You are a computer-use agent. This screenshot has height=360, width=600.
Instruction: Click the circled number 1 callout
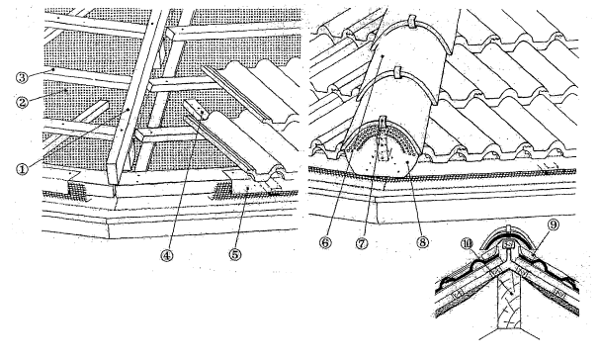(x=23, y=169)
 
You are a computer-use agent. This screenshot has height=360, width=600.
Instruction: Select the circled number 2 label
(x=23, y=102)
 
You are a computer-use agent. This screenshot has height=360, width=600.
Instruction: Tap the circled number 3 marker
(x=22, y=78)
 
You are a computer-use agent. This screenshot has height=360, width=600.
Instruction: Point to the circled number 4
(x=167, y=255)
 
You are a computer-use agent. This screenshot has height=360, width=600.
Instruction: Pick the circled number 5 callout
(x=235, y=254)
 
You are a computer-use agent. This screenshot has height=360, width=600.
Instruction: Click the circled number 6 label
(x=325, y=242)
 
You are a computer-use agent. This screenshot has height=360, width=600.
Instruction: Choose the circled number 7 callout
(x=363, y=243)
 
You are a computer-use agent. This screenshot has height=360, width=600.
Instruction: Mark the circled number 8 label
(x=422, y=242)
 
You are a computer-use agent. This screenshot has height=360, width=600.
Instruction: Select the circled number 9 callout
(x=554, y=225)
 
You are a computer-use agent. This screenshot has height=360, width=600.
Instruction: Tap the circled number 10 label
(x=468, y=244)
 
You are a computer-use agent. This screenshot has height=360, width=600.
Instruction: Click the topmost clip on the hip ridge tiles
(x=412, y=22)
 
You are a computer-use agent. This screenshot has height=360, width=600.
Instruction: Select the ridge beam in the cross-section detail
(x=509, y=302)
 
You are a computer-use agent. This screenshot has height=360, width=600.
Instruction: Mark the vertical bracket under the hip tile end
(x=384, y=142)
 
